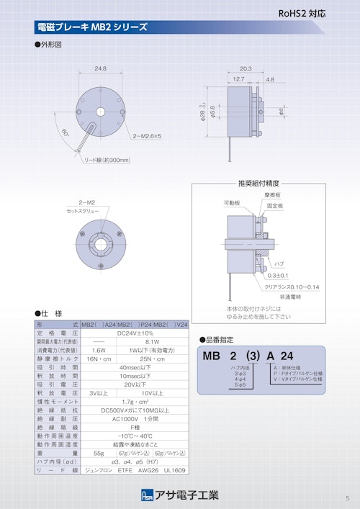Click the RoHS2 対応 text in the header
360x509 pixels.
305,13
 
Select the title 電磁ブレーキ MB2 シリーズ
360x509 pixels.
91,27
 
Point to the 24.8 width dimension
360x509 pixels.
100,68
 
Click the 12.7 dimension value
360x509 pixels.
238,79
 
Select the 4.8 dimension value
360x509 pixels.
269,79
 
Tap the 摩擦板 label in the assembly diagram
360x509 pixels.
272,195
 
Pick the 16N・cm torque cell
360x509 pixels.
99,359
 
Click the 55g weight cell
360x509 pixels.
99,453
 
